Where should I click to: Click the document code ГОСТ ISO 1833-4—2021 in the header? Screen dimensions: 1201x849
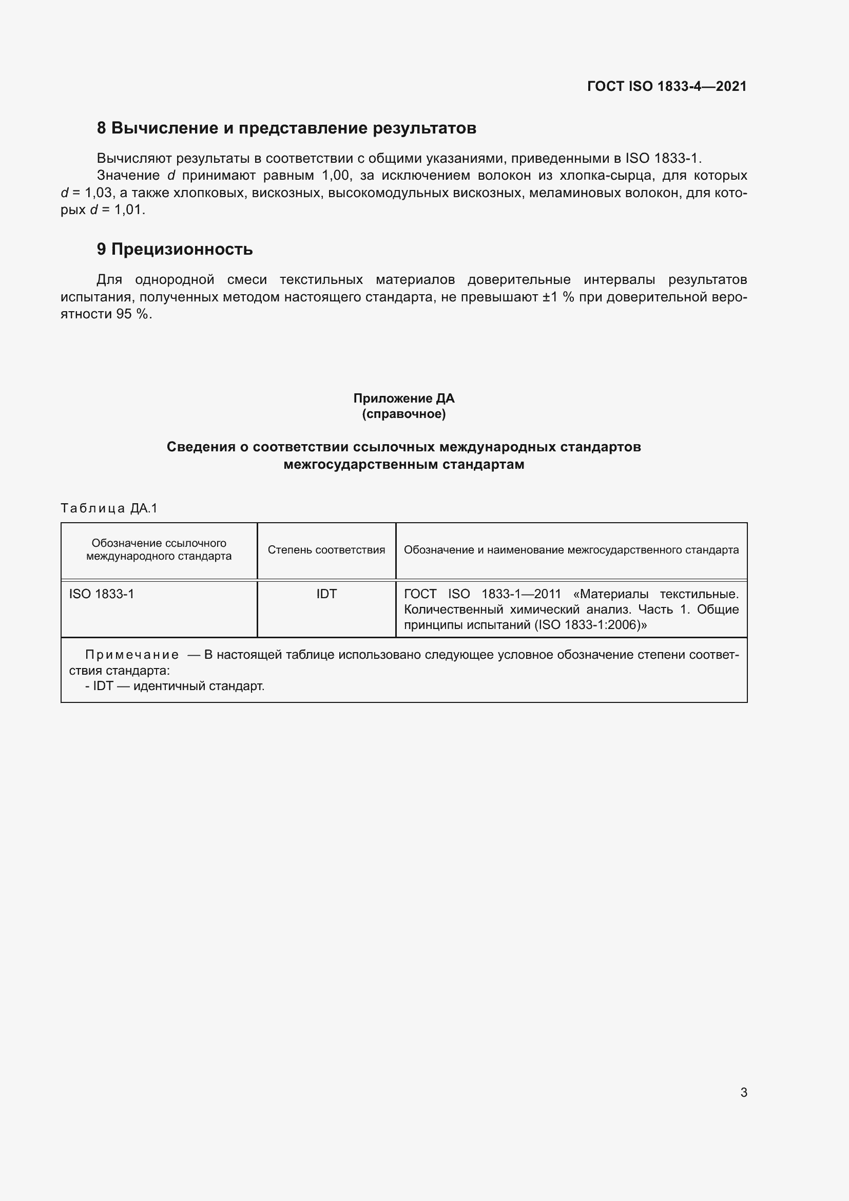point(667,86)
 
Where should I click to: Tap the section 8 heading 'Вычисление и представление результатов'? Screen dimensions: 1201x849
point(286,128)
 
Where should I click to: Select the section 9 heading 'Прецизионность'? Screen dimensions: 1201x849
point(175,249)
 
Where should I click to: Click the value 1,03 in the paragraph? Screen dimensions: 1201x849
point(98,193)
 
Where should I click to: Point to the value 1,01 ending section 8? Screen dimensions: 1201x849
point(129,211)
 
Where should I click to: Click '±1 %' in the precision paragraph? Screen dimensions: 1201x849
point(558,297)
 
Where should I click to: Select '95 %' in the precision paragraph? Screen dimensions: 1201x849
point(133,314)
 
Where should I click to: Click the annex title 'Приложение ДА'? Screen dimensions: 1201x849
point(403,398)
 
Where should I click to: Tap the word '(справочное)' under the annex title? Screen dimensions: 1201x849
point(403,414)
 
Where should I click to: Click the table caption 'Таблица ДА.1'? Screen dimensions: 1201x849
point(109,508)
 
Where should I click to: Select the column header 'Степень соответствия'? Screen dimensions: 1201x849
point(326,550)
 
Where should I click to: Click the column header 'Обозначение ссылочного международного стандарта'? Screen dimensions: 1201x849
point(159,550)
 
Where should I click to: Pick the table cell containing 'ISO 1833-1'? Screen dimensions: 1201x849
point(102,594)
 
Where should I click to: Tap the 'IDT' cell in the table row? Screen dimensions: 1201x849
point(326,594)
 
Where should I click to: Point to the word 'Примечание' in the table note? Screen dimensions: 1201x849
point(132,655)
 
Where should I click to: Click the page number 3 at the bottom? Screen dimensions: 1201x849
point(743,1092)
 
